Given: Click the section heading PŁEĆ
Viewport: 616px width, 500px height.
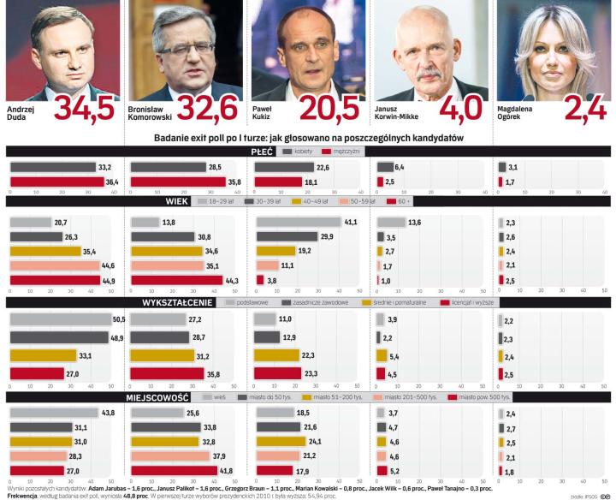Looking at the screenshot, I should point(262,152).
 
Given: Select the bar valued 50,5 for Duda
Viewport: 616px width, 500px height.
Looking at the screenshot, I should point(59,319).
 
